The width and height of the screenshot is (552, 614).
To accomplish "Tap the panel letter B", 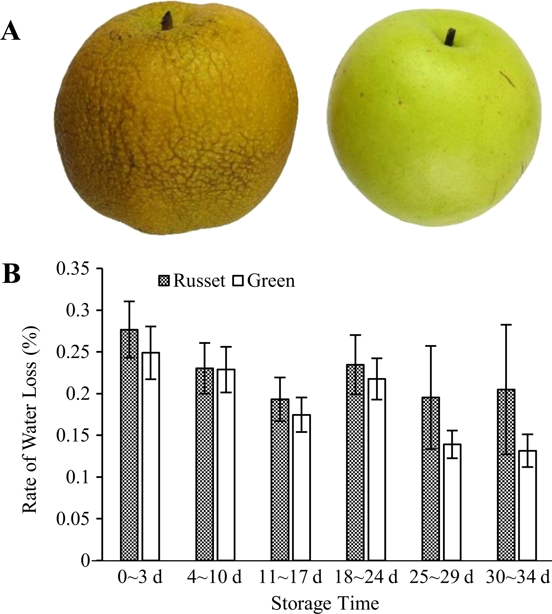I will [x=11, y=274].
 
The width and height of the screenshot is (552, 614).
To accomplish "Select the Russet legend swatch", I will [x=164, y=281].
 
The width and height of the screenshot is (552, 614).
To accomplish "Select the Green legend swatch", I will [x=238, y=281].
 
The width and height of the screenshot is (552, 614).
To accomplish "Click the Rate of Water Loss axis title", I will [x=30, y=422].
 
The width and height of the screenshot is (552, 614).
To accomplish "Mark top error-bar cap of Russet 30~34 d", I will [x=506, y=325].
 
